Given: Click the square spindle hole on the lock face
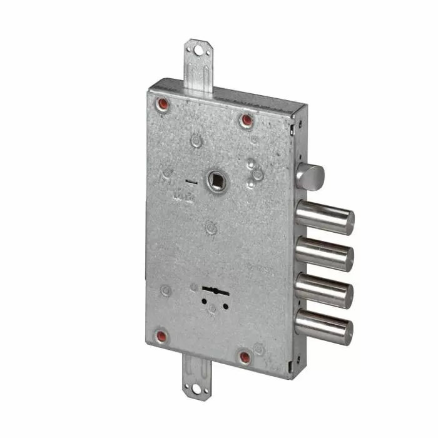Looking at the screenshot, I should point(218,182).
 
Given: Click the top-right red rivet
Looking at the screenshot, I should point(246,119).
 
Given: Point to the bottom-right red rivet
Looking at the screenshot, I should point(245,357).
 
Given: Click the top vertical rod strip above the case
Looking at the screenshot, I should point(198,69).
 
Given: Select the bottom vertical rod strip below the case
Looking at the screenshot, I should point(196,372).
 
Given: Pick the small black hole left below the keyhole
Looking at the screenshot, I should point(203,300).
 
